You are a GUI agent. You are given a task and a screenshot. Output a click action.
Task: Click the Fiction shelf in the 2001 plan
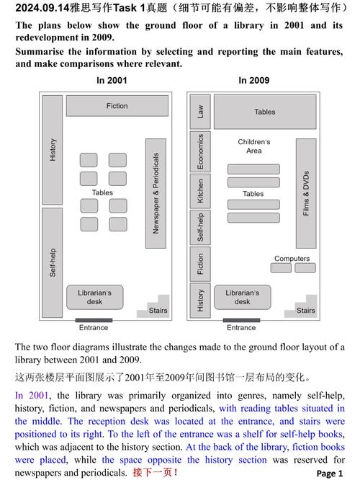coord(117,106)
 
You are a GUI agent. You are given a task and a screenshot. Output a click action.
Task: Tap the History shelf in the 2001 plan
coord(53,149)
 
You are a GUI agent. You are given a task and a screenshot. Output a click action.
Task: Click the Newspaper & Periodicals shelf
coord(156,192)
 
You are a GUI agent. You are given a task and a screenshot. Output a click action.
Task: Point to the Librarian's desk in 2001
coord(94,297)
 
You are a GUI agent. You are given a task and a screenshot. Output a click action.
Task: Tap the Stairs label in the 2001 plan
coord(158,311)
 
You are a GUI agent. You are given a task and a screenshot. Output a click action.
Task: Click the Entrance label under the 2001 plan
coord(94,328)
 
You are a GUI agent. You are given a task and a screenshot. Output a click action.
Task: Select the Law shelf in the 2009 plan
coord(200,112)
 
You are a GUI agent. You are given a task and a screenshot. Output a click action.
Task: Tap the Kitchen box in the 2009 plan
coord(200,191)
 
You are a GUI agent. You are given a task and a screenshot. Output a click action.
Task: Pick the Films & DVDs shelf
coord(306,192)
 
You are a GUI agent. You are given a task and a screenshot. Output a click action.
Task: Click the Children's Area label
coord(253,146)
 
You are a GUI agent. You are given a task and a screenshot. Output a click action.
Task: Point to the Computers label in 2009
coord(292,258)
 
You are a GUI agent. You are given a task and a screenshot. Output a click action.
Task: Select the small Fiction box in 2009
coord(200,265)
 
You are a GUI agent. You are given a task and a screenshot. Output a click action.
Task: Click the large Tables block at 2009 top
coord(265,112)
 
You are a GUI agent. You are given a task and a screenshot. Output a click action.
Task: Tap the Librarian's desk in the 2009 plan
coord(242,297)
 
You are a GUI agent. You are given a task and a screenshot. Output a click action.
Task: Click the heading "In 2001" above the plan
coord(112,81)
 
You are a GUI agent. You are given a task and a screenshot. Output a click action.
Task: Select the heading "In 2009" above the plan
coord(254,81)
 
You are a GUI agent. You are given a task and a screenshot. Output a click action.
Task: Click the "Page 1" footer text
coord(330,474)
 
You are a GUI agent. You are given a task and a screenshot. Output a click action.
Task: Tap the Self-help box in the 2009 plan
coord(200,227)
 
